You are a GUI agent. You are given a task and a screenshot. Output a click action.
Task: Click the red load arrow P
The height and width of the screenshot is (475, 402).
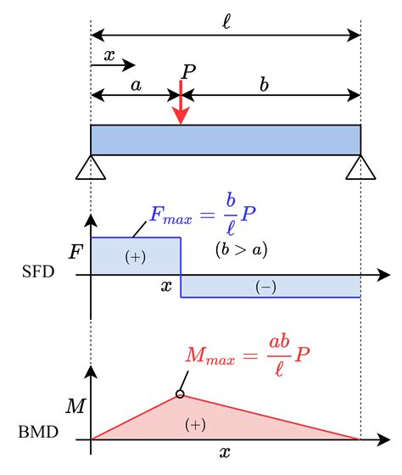(181, 102)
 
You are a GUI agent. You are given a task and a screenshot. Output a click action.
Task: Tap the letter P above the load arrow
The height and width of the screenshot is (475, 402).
(189, 72)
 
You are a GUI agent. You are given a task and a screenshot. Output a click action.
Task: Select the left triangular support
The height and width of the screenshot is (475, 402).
(91, 167)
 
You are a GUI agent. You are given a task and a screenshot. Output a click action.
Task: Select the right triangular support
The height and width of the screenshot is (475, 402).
(360, 167)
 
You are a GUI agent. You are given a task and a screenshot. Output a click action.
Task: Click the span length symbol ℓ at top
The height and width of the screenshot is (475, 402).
(226, 21)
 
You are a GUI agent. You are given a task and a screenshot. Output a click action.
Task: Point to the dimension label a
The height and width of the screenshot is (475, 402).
(136, 85)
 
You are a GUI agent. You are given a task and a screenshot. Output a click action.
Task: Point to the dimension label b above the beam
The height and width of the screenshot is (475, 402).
(264, 84)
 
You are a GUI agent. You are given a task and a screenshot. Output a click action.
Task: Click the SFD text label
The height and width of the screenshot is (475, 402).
(38, 271)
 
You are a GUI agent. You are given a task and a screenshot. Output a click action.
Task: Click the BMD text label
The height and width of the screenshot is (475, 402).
(38, 432)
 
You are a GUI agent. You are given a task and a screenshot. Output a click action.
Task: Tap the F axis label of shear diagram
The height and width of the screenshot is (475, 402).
(75, 252)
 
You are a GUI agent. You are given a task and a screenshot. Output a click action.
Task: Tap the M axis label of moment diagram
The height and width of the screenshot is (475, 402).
(75, 406)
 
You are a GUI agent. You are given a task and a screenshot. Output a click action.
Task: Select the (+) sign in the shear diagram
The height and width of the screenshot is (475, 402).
(136, 257)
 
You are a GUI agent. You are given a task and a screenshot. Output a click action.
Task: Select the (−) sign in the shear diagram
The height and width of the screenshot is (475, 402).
(265, 288)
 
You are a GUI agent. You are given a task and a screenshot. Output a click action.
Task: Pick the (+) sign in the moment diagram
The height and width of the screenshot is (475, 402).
(195, 424)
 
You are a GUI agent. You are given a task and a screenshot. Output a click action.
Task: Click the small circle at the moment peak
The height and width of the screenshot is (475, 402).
(180, 394)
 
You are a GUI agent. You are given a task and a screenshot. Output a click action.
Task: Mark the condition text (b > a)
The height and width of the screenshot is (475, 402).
(242, 249)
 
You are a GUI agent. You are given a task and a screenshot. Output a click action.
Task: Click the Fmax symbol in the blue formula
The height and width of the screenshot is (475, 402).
(170, 215)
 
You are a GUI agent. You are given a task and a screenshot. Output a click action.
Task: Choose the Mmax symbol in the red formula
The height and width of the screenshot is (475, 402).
(210, 355)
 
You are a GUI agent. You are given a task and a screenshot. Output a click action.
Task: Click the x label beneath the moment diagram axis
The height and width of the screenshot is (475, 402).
(225, 453)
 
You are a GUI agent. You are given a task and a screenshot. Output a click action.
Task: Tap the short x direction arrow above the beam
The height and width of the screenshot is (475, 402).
(113, 64)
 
